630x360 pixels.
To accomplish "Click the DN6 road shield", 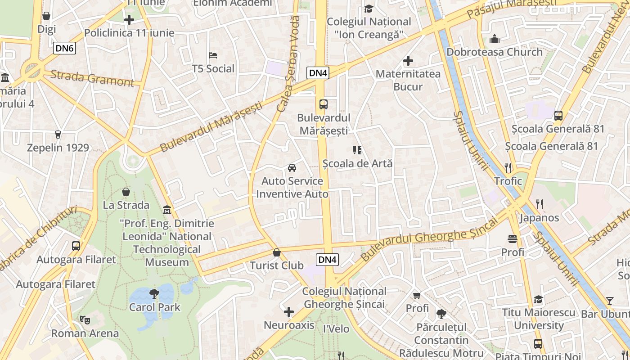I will click(x=64, y=48).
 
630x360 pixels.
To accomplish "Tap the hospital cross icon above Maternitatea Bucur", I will click(x=408, y=60).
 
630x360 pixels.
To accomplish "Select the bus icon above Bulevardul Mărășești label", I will click(x=323, y=104).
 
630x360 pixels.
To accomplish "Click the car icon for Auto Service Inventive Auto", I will click(x=292, y=168).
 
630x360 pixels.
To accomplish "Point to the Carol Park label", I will click(x=154, y=307).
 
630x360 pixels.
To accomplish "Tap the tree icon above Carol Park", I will click(x=154, y=294).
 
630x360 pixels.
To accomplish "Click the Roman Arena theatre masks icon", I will click(x=85, y=320).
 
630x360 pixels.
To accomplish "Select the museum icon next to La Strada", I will click(x=167, y=210).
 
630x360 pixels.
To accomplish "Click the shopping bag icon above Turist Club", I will click(x=277, y=252).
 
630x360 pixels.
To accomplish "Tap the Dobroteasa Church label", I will click(x=495, y=52).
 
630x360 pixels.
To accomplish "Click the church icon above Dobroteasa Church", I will click(x=495, y=39).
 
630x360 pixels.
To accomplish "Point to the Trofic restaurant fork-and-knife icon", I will click(x=508, y=168).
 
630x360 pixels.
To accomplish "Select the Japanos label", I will click(x=539, y=218).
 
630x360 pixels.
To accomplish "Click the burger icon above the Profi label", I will click(x=513, y=238).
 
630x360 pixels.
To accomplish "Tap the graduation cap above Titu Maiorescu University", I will click(x=538, y=299).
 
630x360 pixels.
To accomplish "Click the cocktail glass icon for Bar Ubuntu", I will click(x=609, y=301).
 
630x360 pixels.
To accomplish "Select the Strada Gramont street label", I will click(x=92, y=78).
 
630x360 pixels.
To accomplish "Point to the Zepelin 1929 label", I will click(x=58, y=148).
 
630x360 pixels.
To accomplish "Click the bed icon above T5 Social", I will click(x=213, y=55).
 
